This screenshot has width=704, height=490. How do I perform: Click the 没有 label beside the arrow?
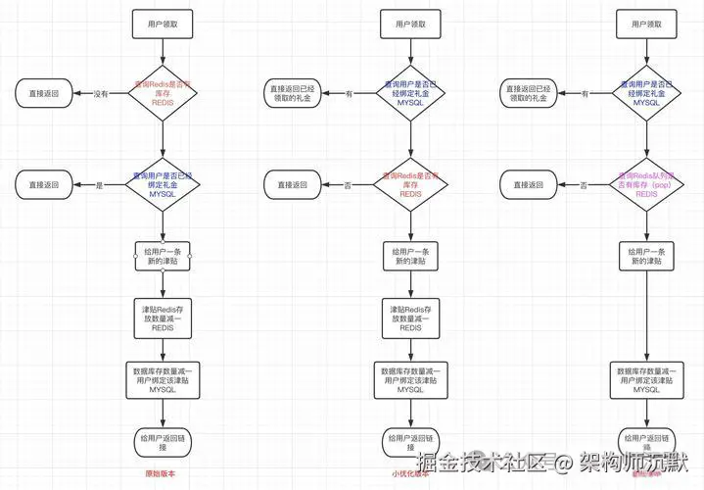(x=101, y=94)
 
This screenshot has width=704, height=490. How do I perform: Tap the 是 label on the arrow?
(x=98, y=184)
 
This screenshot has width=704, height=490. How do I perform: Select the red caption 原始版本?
(x=161, y=473)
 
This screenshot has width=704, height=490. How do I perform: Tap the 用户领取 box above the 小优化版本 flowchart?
(x=410, y=24)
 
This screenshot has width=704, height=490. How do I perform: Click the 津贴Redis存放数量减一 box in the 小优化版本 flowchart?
(x=410, y=318)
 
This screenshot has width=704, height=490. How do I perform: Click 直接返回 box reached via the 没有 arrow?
(x=41, y=94)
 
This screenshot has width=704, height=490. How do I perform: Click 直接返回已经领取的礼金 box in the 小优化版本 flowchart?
(x=295, y=94)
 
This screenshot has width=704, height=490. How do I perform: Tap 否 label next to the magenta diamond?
(x=584, y=184)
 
